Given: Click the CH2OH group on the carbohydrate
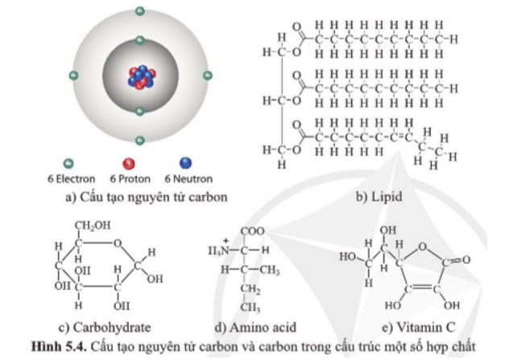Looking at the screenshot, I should click(x=92, y=225).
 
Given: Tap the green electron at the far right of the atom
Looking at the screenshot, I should click(x=208, y=77).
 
